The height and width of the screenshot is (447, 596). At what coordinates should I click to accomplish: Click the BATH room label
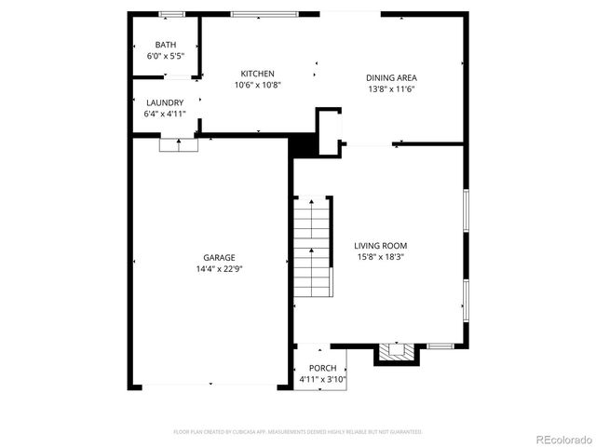pos(165,45)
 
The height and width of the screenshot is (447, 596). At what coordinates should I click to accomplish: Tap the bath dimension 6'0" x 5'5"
pos(165,56)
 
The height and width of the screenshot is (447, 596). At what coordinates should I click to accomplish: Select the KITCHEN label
pos(258,74)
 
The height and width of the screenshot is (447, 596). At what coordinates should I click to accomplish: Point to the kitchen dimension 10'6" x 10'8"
pos(258,85)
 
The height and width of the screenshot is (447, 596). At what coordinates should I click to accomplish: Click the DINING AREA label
pos(391,78)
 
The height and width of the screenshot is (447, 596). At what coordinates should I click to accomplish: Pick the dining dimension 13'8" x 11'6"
pos(391,89)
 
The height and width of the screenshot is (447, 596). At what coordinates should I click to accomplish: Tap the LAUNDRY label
pos(165,102)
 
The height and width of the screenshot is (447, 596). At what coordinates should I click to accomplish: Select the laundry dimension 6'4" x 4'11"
pos(165,114)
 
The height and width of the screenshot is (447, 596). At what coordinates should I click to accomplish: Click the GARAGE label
pos(220,258)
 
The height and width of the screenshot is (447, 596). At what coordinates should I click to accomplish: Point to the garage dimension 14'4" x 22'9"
pos(220,269)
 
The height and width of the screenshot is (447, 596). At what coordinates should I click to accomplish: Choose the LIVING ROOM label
pos(381,246)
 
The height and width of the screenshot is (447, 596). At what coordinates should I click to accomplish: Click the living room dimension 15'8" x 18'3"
pos(381,257)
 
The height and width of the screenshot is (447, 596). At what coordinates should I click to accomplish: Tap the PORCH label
pos(323,369)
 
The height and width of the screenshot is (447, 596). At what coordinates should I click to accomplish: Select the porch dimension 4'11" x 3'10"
pos(323,380)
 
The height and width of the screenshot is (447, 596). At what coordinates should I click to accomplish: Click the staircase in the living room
pos(312,247)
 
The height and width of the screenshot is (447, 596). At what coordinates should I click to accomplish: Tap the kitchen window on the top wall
pos(264,14)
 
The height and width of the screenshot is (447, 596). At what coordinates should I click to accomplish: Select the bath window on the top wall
pos(170,14)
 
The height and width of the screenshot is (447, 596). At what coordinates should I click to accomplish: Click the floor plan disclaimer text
pos(298,432)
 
